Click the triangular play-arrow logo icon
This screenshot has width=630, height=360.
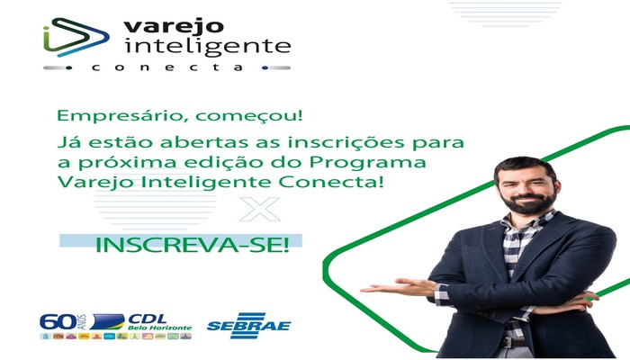76,37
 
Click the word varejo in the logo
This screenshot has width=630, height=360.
174,27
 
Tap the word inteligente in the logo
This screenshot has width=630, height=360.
207,47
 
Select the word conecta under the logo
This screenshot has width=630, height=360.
167,67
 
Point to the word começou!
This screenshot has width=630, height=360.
249,116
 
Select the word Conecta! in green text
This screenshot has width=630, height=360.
331,182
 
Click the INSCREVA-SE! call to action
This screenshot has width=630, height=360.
192,245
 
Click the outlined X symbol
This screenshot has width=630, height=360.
260,209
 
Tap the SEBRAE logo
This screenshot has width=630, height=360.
249,326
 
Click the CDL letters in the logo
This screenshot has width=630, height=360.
147,319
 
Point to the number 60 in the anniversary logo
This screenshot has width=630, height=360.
58,322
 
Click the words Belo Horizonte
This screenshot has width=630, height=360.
160,328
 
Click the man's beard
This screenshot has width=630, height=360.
528,202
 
